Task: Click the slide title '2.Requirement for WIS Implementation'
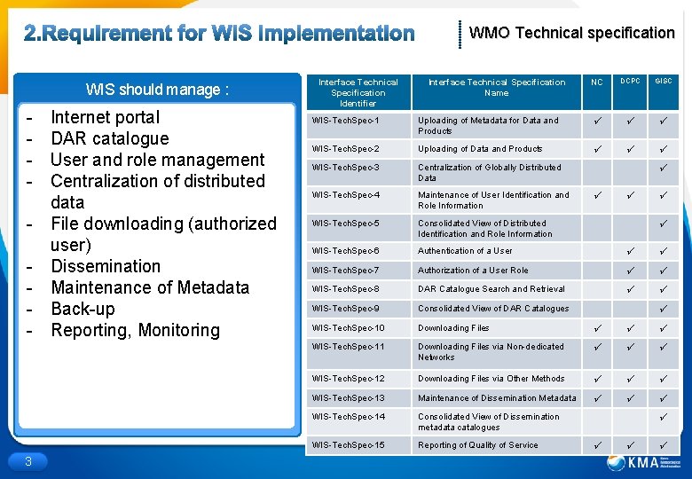click(x=218, y=34)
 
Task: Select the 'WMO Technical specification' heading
click(x=571, y=33)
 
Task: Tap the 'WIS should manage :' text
click(x=157, y=90)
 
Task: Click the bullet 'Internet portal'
click(x=106, y=117)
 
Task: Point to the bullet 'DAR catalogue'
click(x=109, y=138)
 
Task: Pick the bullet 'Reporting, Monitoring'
click(x=135, y=330)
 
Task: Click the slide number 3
click(x=28, y=460)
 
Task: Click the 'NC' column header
click(x=597, y=82)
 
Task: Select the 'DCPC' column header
click(x=631, y=82)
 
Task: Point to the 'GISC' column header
click(x=664, y=82)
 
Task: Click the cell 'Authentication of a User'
click(x=465, y=251)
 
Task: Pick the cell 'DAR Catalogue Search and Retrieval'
click(x=491, y=289)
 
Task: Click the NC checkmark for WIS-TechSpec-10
click(x=597, y=328)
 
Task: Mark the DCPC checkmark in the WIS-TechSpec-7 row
click(x=631, y=271)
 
